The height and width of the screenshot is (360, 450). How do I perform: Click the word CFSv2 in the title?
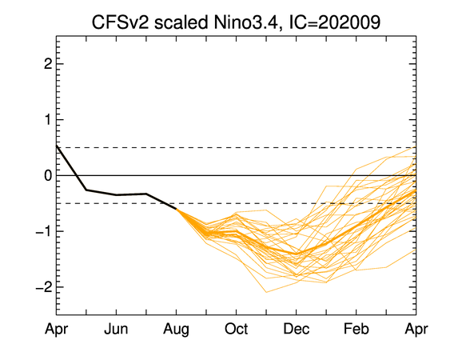click(x=120, y=22)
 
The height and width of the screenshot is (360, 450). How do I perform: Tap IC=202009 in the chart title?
click(x=335, y=22)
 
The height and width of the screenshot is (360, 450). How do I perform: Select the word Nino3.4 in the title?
click(x=246, y=22)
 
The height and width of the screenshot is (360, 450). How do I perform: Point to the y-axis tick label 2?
click(x=48, y=64)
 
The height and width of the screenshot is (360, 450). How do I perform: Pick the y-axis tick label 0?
click(x=48, y=175)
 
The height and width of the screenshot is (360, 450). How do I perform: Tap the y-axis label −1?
click(x=44, y=231)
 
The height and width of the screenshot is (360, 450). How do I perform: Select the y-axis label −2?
click(x=44, y=287)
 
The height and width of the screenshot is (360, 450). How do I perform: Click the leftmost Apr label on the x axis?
click(x=56, y=330)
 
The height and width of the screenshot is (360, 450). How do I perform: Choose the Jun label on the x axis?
click(x=116, y=329)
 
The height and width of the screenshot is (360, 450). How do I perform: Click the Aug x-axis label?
click(x=176, y=330)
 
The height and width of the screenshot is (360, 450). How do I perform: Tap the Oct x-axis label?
click(x=237, y=329)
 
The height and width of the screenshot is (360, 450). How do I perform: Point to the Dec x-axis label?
click(x=297, y=329)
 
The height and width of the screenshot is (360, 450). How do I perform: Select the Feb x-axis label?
click(x=356, y=329)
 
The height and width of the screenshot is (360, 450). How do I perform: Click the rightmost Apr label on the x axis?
click(x=416, y=330)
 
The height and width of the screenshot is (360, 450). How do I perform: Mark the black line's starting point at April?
click(x=57, y=146)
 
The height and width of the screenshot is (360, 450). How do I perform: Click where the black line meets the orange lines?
click(x=176, y=209)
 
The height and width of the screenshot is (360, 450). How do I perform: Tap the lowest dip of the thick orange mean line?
click(x=297, y=254)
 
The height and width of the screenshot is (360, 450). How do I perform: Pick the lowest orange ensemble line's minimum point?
click(x=266, y=292)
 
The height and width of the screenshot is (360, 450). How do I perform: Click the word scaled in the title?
click(x=181, y=22)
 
